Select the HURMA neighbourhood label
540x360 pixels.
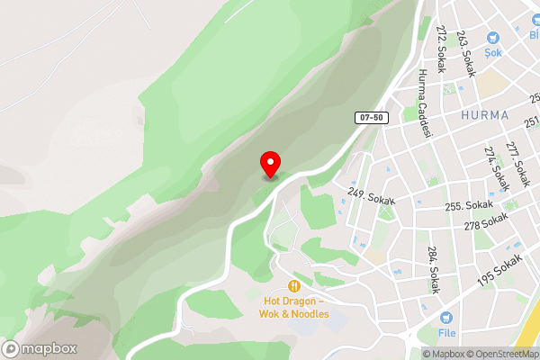pos(484,116)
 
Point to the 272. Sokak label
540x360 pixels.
pos(442,43)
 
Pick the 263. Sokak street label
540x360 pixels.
pos(465,54)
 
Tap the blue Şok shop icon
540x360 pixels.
pos(492,38)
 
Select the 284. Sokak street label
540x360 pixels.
pos(433,270)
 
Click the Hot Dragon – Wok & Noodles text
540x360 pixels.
pos(296,307)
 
